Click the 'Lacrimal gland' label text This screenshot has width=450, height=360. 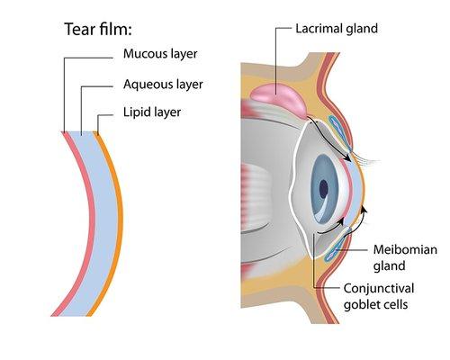336,28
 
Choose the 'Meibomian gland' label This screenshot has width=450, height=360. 402,256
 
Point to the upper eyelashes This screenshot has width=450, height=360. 364,159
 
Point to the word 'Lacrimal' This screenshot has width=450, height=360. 318,28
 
